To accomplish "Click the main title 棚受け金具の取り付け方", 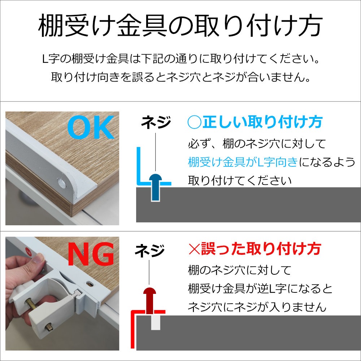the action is pos(180,26).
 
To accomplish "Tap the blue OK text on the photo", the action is pos(91,127).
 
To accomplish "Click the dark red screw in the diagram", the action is pos(150,301).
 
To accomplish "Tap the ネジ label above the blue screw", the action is pos(156,122).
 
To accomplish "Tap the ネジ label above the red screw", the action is pos(150,251).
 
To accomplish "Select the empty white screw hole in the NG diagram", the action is pos(156,322).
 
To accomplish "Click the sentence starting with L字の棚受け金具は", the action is pos(181,59).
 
